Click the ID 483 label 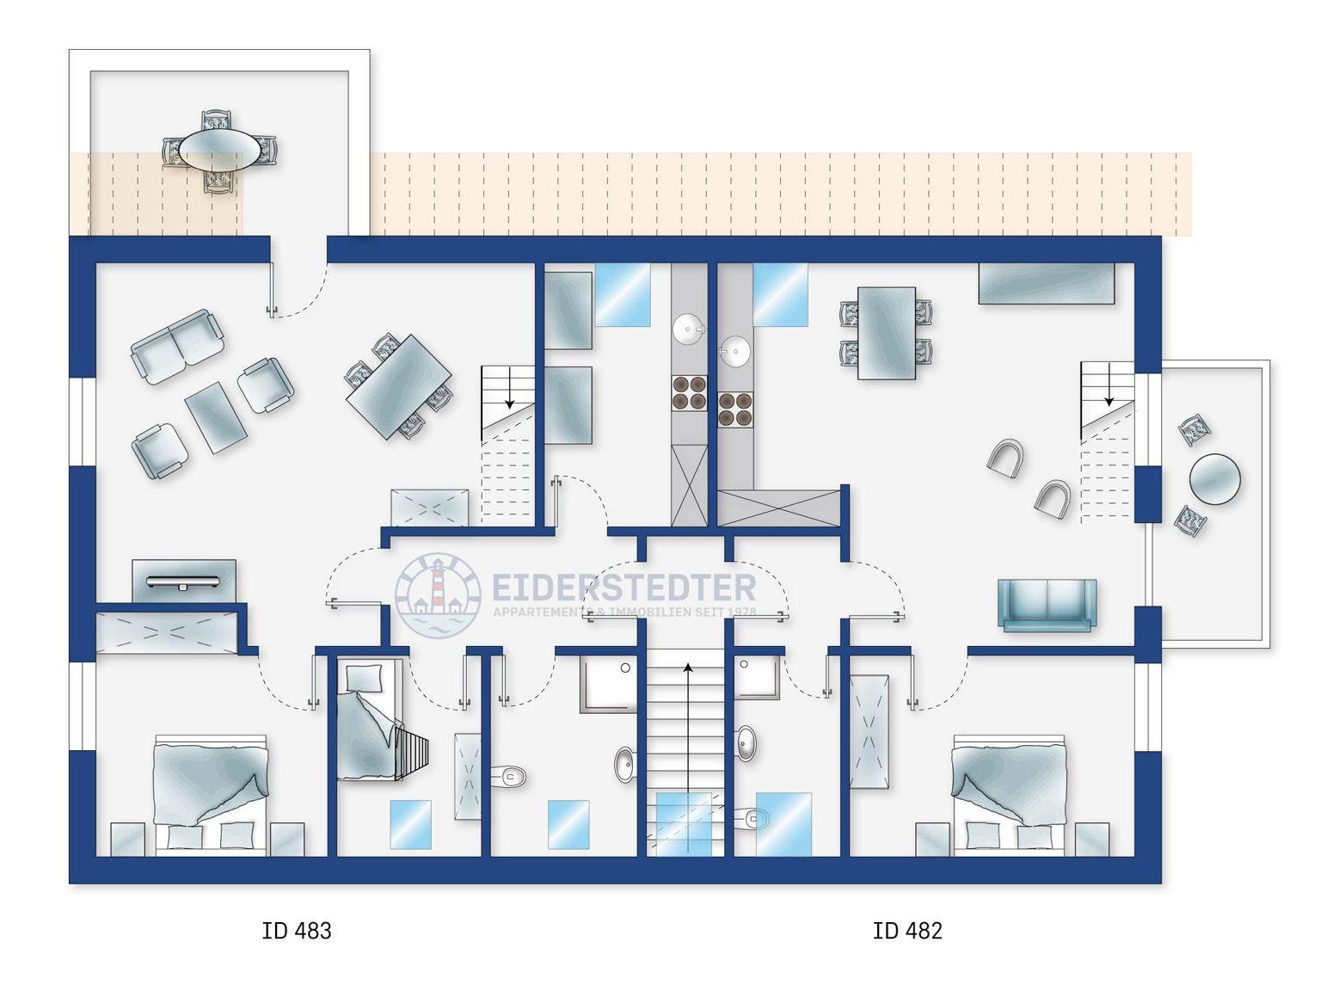click(x=296, y=931)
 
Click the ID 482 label click(x=907, y=931)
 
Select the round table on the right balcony click(x=1214, y=479)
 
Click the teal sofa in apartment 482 click(x=1048, y=605)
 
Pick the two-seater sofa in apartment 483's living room click(x=177, y=346)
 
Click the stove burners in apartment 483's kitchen click(x=689, y=393)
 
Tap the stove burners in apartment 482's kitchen click(x=735, y=409)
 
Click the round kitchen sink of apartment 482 click(x=734, y=351)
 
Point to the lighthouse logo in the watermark click(x=438, y=594)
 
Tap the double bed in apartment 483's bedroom click(x=211, y=794)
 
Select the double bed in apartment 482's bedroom click(x=1009, y=794)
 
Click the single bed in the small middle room click(x=369, y=719)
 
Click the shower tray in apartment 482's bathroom click(x=757, y=678)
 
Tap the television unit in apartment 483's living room click(x=183, y=581)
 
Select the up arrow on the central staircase click(x=689, y=758)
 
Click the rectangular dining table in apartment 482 click(x=887, y=333)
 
